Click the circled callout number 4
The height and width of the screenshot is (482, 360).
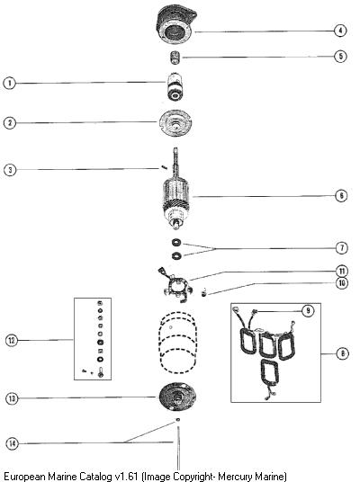(x=340, y=31)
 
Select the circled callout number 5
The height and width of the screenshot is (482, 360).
(x=340, y=57)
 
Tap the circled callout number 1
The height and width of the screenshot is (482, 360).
(x=10, y=83)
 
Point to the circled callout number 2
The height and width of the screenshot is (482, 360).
(x=10, y=123)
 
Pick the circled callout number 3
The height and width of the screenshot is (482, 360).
(x=10, y=170)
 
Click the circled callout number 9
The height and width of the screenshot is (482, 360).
(x=308, y=311)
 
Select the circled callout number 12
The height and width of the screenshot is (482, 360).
(x=12, y=340)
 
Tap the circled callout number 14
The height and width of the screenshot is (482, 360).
(x=12, y=443)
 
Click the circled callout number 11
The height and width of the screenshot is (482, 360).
(x=342, y=272)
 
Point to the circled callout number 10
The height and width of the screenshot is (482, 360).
(x=342, y=282)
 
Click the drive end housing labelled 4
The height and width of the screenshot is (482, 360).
(x=176, y=24)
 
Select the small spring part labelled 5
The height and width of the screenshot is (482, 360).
(x=175, y=58)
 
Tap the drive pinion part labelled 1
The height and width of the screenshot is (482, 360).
(x=175, y=86)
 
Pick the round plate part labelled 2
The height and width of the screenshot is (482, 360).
(x=176, y=123)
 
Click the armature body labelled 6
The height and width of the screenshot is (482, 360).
(x=175, y=198)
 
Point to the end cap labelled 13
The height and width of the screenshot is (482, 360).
(x=178, y=397)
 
